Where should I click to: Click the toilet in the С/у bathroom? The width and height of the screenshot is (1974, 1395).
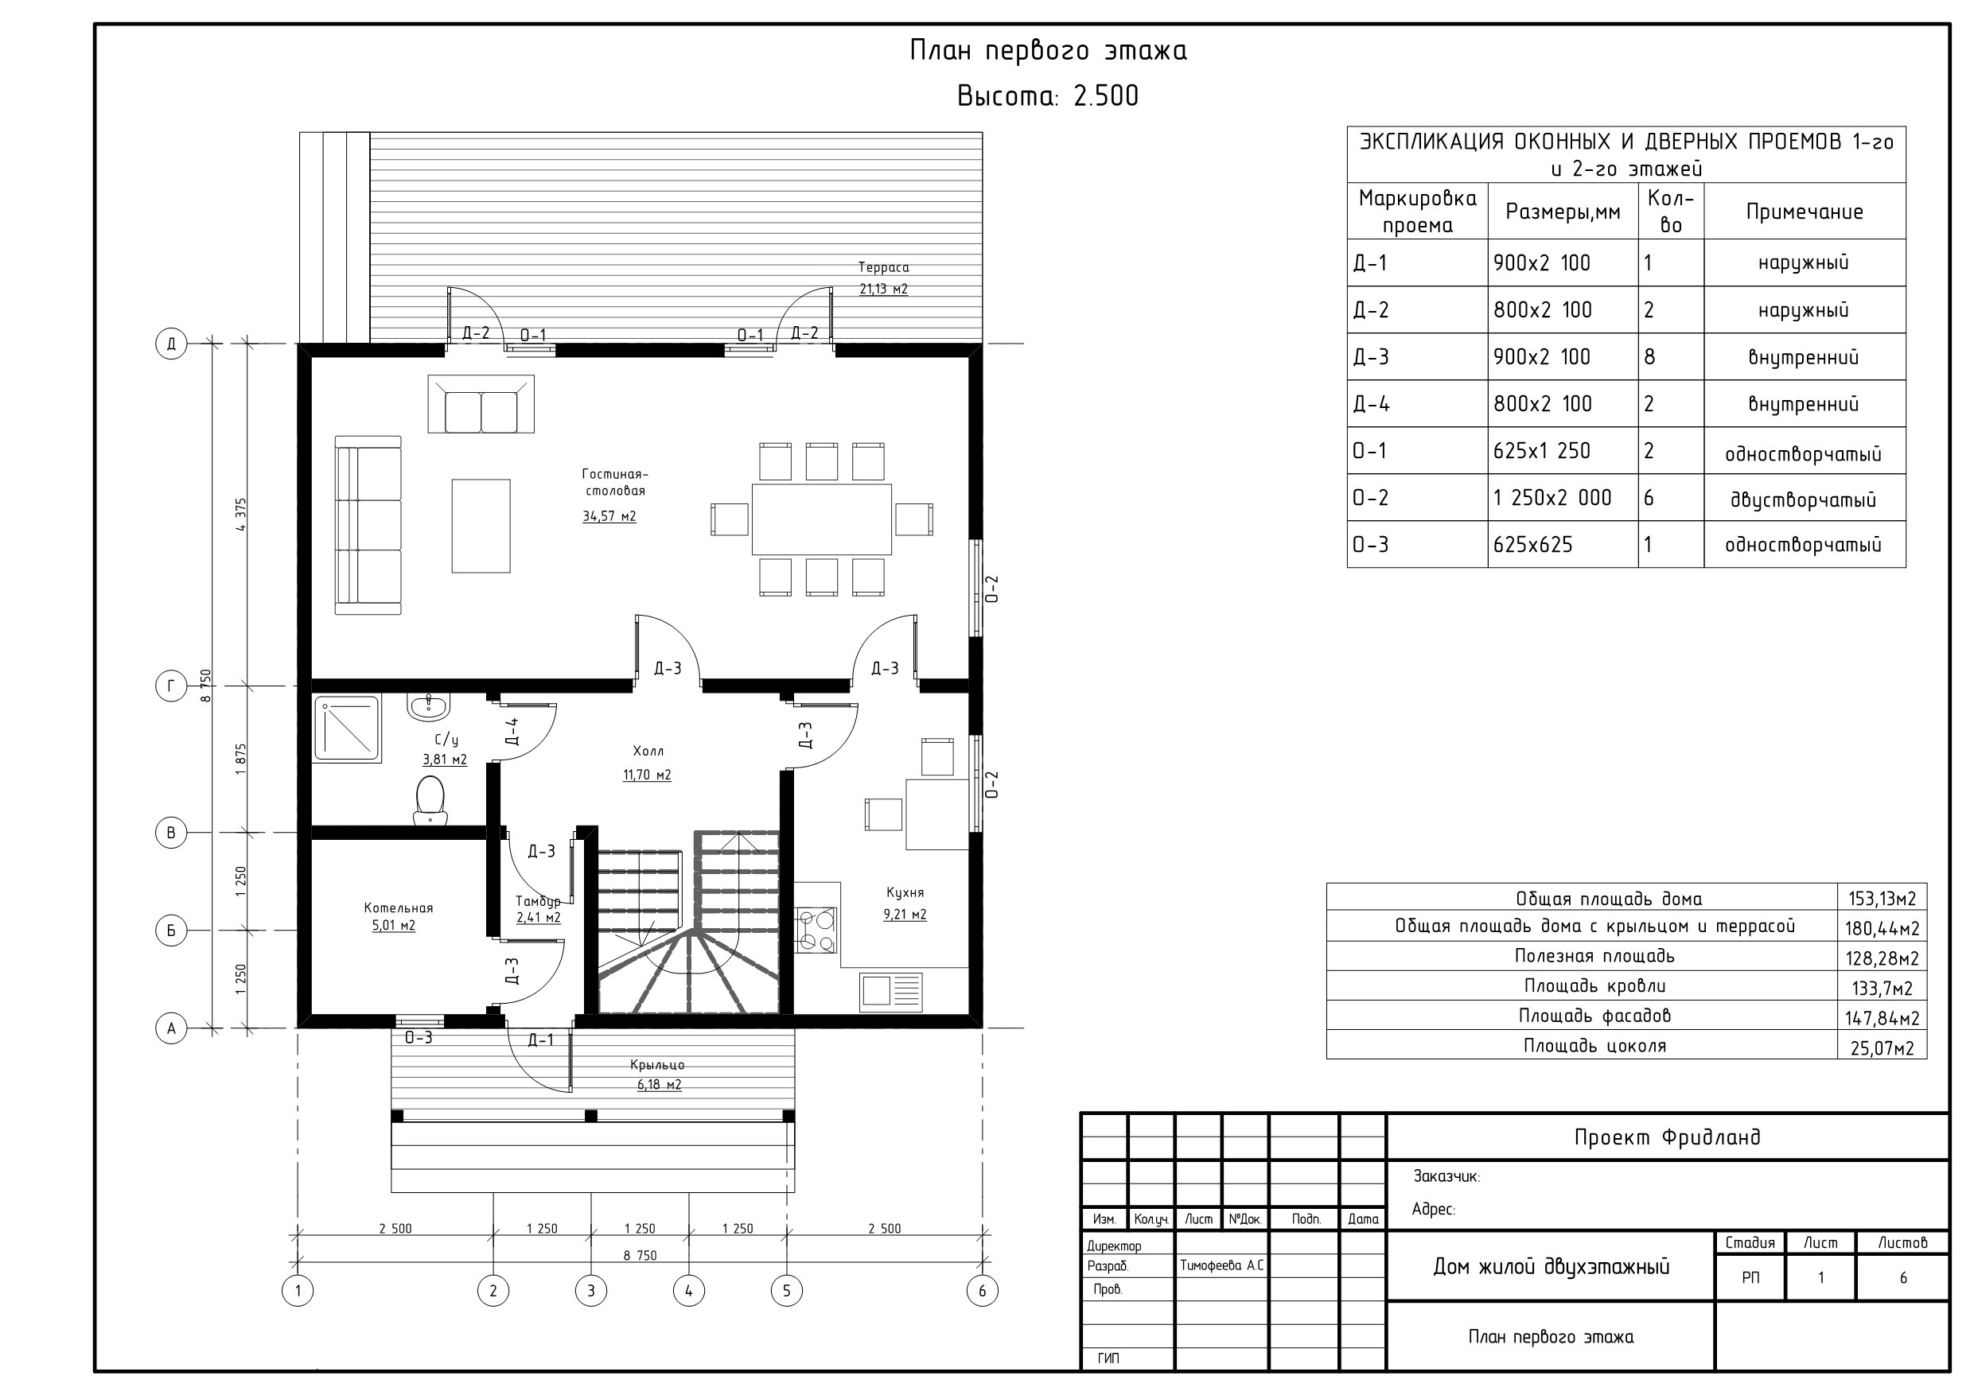click(x=430, y=800)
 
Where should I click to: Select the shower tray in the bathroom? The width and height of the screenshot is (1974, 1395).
click(x=348, y=729)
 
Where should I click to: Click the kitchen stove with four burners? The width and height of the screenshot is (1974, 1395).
click(x=816, y=930)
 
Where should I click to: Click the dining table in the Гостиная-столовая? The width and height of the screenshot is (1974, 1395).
click(x=822, y=519)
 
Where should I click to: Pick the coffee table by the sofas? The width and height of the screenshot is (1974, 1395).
click(x=481, y=526)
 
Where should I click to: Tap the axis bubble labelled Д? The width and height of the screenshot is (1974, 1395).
click(x=171, y=344)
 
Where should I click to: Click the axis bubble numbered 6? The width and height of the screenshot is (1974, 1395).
click(x=982, y=1290)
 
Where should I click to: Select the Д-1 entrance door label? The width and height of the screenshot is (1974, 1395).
click(x=541, y=1041)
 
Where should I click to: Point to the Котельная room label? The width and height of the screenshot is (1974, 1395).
click(x=398, y=907)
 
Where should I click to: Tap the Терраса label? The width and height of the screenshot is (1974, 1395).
click(x=883, y=267)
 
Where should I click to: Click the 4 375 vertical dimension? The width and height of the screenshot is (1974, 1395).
click(x=241, y=514)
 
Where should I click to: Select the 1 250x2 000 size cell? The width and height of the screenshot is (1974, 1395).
click(x=1553, y=498)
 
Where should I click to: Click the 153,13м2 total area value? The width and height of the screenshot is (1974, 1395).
click(x=1882, y=899)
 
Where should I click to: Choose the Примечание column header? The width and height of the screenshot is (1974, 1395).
click(x=1805, y=212)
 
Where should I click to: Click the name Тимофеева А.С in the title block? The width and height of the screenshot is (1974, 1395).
click(x=1221, y=1266)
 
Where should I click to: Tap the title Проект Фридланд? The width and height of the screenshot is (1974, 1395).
click(x=1667, y=1137)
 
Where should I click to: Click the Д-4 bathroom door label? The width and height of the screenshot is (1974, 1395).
click(x=512, y=731)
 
